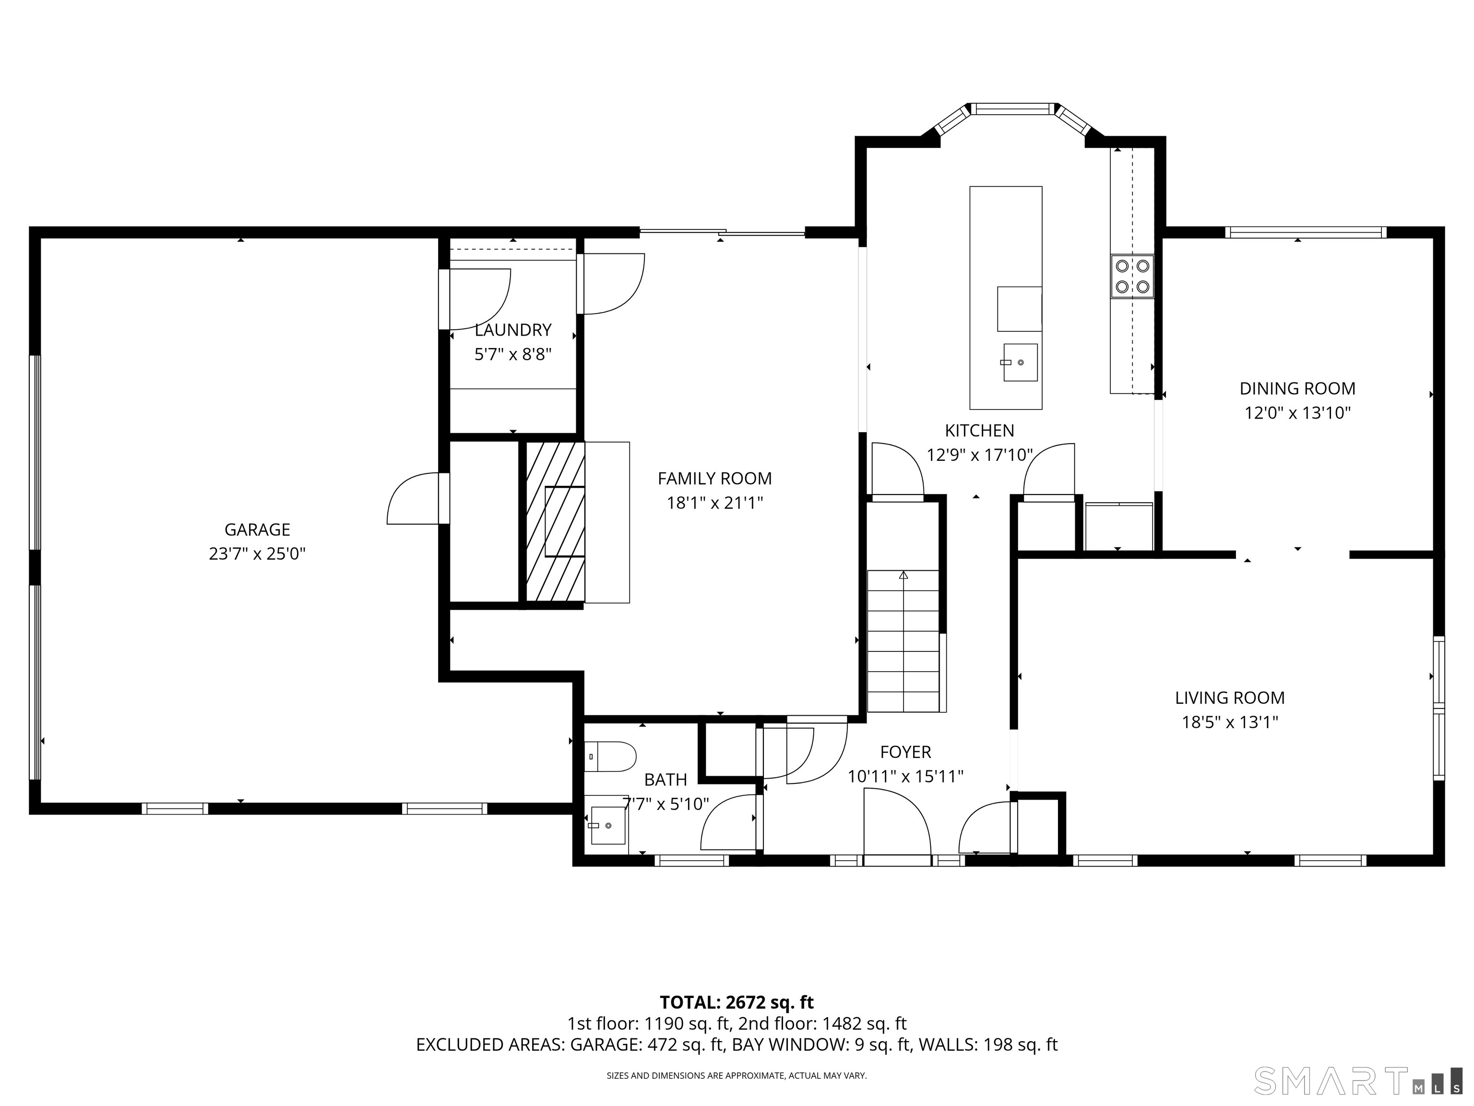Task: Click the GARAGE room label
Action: [x=257, y=529]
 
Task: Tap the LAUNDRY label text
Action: [x=513, y=330]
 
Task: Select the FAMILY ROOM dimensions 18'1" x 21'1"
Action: [x=715, y=503]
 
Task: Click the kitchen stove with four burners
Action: [x=1132, y=276]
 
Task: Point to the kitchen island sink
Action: [x=1020, y=362]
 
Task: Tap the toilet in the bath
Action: [x=610, y=757]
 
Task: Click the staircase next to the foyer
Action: [x=903, y=641]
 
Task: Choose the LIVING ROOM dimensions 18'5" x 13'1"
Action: [x=1230, y=722]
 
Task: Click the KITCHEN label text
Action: [x=980, y=431]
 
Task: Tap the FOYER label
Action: [x=905, y=752]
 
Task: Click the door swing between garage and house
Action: [x=413, y=498]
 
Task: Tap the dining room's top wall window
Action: [x=1306, y=232]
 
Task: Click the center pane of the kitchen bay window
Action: [x=1013, y=108]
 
